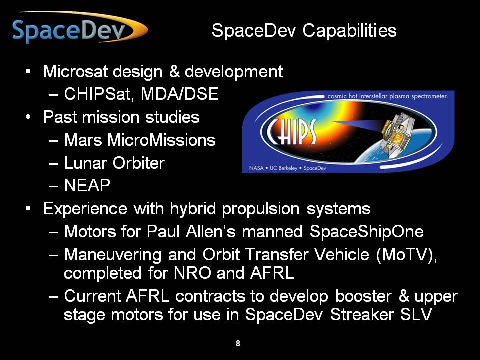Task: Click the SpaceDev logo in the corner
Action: (x=80, y=28)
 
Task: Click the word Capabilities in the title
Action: (x=350, y=31)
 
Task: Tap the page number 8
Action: (x=238, y=343)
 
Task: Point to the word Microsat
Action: (x=76, y=71)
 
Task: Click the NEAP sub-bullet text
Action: (x=87, y=185)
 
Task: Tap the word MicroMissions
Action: (x=161, y=140)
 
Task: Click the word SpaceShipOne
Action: (x=366, y=231)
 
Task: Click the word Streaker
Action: (x=362, y=314)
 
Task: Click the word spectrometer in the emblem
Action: (x=429, y=96)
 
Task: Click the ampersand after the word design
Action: (x=174, y=71)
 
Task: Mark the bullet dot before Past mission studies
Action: (x=28, y=117)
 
